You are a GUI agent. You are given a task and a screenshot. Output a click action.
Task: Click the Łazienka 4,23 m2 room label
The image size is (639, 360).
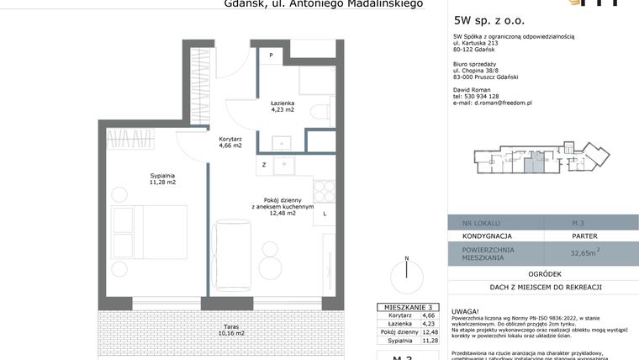(x=282, y=105)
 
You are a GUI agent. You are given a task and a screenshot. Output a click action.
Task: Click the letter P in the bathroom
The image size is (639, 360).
(x=271, y=56)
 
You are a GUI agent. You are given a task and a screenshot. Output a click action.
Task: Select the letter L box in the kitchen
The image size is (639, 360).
(x=324, y=214)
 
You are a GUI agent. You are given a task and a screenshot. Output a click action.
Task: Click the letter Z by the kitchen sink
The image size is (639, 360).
(x=264, y=164)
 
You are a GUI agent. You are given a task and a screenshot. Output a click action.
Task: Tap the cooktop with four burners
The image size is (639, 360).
(x=324, y=191)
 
